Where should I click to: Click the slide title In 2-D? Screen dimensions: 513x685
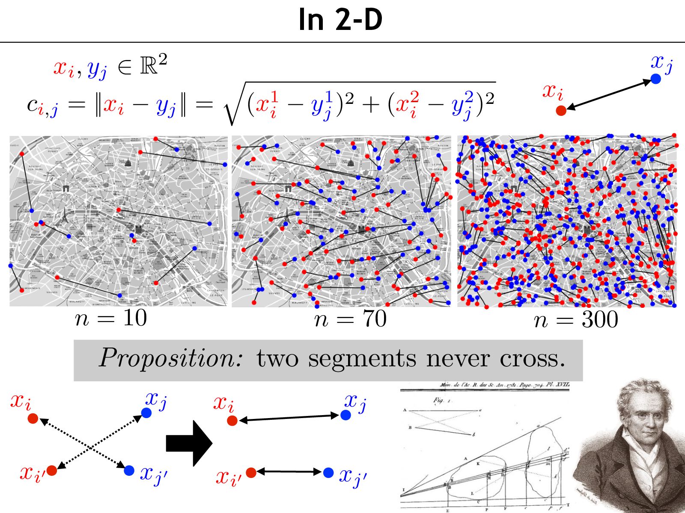click(340, 20)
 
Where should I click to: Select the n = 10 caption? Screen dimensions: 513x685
click(111, 318)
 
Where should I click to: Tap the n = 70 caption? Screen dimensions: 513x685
click(350, 319)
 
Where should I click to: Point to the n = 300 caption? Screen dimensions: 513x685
click(576, 320)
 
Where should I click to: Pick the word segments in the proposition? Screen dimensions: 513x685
click(362, 359)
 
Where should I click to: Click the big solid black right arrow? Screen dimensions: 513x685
click(189, 443)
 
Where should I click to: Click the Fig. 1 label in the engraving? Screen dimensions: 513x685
click(441, 401)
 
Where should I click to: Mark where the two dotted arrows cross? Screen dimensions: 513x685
click(91, 447)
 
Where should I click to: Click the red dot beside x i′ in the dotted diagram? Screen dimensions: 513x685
click(52, 470)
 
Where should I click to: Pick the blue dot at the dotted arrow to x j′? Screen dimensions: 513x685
click(129, 470)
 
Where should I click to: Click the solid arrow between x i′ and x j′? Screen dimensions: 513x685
click(289, 472)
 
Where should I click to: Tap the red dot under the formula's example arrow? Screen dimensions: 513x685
click(561, 111)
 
